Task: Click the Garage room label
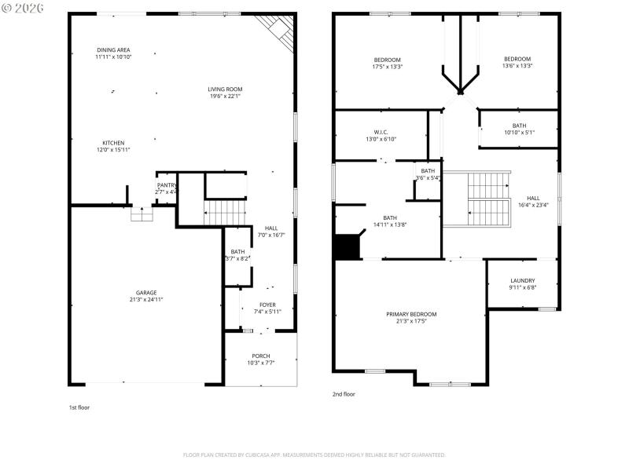coord(145,291)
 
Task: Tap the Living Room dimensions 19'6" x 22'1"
coord(225,97)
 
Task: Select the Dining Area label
coord(113,49)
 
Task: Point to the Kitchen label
coord(113,143)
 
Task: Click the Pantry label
coord(166,185)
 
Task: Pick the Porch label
coord(261,356)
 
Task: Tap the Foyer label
coord(267,305)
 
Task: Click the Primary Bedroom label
coord(410,314)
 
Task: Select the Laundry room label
coord(522,280)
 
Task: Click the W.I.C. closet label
coord(381,132)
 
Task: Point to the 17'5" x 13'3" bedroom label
coord(387,60)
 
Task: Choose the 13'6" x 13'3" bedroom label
coord(517,59)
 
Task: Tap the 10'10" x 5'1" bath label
coord(519,126)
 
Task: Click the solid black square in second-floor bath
coord(346,247)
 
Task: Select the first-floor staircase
coord(226,212)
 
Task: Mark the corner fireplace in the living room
coord(278,30)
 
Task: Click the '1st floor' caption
coord(79,407)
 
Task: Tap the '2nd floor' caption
coord(344,394)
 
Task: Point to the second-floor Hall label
coord(533,198)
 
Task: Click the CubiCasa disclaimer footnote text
coord(314,455)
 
